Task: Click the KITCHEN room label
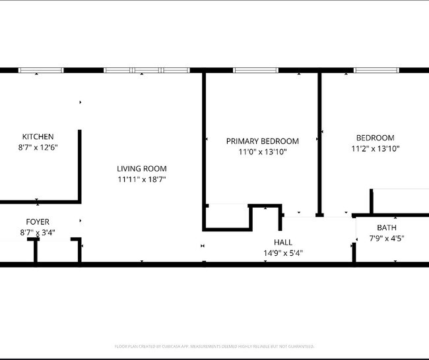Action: pyautogui.click(x=38, y=136)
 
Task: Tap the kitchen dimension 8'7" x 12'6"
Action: pyautogui.click(x=38, y=148)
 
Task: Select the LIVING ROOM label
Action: pyautogui.click(x=141, y=168)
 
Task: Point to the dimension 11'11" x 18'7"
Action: pyautogui.click(x=141, y=179)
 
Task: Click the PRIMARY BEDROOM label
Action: pyautogui.click(x=262, y=141)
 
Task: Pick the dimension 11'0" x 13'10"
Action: pyautogui.click(x=262, y=152)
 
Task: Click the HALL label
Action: pyautogui.click(x=282, y=242)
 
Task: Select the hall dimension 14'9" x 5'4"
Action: pyautogui.click(x=282, y=253)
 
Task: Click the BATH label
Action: pyautogui.click(x=387, y=227)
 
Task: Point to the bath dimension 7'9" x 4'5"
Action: pyautogui.click(x=387, y=239)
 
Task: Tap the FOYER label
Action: pyautogui.click(x=37, y=222)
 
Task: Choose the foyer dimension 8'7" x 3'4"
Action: pyautogui.click(x=37, y=233)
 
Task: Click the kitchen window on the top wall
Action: pyautogui.click(x=40, y=70)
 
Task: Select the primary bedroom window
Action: pyautogui.click(x=255, y=70)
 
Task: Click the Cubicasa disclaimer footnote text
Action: pyautogui.click(x=214, y=346)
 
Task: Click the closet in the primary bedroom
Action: pyautogui.click(x=228, y=216)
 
